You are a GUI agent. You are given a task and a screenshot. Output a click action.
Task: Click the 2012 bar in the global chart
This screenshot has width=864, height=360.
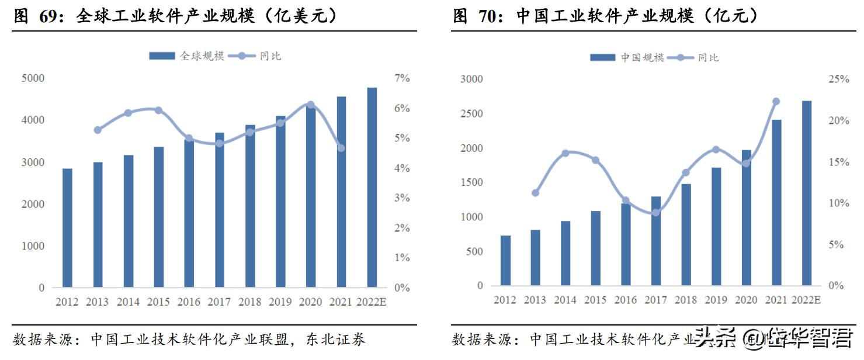(68, 228)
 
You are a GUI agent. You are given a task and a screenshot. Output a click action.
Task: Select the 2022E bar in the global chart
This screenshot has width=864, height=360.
(372, 188)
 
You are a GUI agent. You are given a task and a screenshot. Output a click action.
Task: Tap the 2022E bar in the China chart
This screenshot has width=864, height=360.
(807, 193)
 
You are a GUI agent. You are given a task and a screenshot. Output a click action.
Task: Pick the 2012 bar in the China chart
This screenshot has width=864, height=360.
(505, 260)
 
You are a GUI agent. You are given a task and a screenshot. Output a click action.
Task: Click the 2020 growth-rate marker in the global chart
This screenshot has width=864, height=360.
(310, 105)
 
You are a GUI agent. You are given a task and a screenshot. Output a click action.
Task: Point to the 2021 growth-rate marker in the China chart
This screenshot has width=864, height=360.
(776, 102)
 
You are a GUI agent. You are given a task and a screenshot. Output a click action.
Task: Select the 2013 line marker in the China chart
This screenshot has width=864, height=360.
(535, 193)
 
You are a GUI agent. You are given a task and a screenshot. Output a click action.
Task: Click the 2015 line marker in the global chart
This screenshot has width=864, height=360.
(158, 110)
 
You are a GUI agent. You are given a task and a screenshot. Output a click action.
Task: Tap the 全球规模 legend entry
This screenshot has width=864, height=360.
(187, 56)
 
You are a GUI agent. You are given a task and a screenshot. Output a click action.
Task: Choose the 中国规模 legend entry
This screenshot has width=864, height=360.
(627, 57)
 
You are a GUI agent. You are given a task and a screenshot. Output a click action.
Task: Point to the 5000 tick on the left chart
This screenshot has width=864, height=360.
(33, 78)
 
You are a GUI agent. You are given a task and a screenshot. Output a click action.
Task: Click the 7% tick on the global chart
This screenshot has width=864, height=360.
(402, 78)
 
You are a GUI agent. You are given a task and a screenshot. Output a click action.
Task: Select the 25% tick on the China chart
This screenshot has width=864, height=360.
(838, 79)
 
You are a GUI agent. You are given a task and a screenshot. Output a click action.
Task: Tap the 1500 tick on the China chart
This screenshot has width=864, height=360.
(471, 182)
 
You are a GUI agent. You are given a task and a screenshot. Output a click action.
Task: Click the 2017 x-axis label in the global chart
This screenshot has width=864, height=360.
(219, 302)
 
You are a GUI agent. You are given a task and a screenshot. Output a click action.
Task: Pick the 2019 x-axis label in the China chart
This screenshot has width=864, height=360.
(716, 300)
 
